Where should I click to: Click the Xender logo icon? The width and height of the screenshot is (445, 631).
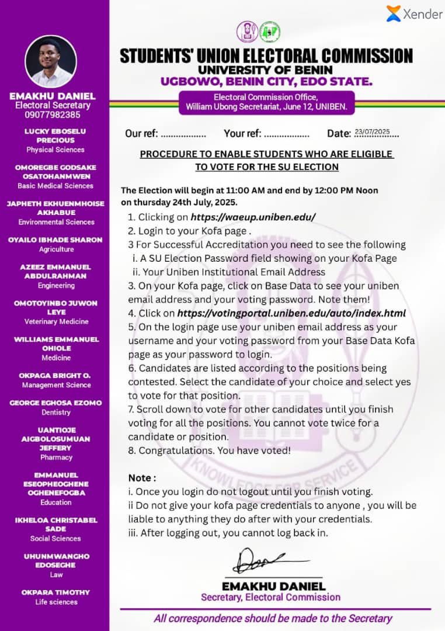tap(394, 13)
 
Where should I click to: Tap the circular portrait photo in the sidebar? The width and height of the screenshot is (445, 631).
tap(51, 61)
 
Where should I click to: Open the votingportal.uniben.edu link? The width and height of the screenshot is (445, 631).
tap(291, 313)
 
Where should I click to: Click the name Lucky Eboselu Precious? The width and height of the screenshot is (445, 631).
tap(55, 136)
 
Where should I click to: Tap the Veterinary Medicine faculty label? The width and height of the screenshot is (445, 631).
tap(56, 321)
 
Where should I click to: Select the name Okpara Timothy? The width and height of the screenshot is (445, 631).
tap(56, 592)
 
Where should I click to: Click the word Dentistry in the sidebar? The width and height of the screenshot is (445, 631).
tap(56, 412)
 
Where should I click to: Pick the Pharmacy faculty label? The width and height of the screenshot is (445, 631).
tap(56, 457)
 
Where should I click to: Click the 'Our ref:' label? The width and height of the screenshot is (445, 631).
tap(141, 134)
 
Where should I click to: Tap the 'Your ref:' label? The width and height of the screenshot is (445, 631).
tap(243, 134)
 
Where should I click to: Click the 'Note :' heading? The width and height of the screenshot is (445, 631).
tap(142, 477)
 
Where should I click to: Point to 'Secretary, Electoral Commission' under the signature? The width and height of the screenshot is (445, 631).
tap(270, 597)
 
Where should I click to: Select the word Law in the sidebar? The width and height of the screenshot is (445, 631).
tap(56, 574)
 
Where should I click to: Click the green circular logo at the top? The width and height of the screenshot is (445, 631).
tap(270, 32)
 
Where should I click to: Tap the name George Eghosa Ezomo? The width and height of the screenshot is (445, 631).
tap(55, 403)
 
